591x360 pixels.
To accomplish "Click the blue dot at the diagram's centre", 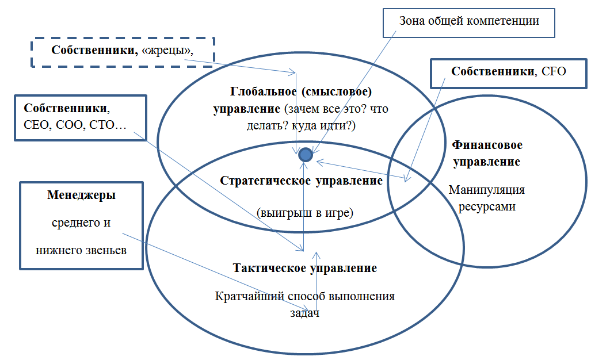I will click(306, 155).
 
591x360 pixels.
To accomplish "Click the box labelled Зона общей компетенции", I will click(469, 21).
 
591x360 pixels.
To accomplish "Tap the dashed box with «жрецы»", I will click(122, 52).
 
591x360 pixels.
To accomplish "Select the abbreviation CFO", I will click(554, 72).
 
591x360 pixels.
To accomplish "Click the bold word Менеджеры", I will click(81, 195).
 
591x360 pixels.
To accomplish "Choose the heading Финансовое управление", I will click(486, 153).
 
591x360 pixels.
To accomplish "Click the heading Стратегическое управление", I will click(301, 181).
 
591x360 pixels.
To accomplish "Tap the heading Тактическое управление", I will click(305, 268).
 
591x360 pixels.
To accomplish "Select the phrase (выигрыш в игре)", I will click(304, 212).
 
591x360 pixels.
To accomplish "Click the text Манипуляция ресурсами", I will click(486, 198).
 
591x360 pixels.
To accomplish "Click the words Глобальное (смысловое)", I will click(302, 91).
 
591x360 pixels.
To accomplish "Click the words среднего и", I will click(81, 222).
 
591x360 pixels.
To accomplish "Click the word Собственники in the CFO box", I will click(493, 72).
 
